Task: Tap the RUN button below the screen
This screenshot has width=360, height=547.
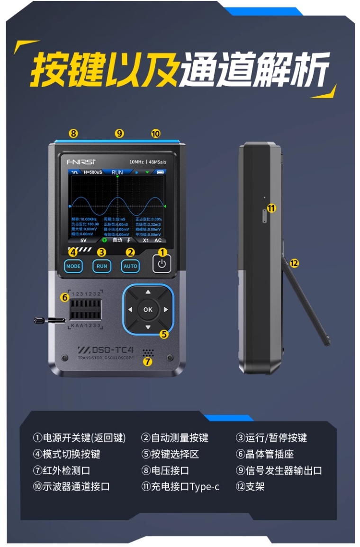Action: pos(102,266)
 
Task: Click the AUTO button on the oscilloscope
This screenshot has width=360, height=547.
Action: pos(130,266)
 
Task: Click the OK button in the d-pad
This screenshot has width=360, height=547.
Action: pos(148,310)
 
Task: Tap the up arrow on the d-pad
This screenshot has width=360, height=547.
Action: pos(148,292)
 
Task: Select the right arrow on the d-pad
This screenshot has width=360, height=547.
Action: pos(166,310)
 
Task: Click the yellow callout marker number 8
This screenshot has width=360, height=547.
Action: pos(73,134)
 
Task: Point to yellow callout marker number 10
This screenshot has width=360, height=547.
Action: pos(156,134)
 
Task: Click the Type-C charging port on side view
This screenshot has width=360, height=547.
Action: pos(264,218)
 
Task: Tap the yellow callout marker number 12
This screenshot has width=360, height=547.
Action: pos(294,263)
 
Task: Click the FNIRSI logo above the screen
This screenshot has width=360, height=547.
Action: pos(81,161)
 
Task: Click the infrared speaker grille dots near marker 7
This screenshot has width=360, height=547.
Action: pos(149,353)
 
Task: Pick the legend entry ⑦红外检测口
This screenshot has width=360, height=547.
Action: pos(62,470)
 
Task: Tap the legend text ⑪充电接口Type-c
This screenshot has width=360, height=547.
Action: pos(180,486)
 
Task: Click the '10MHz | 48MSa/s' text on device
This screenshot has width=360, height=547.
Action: pos(148,161)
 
